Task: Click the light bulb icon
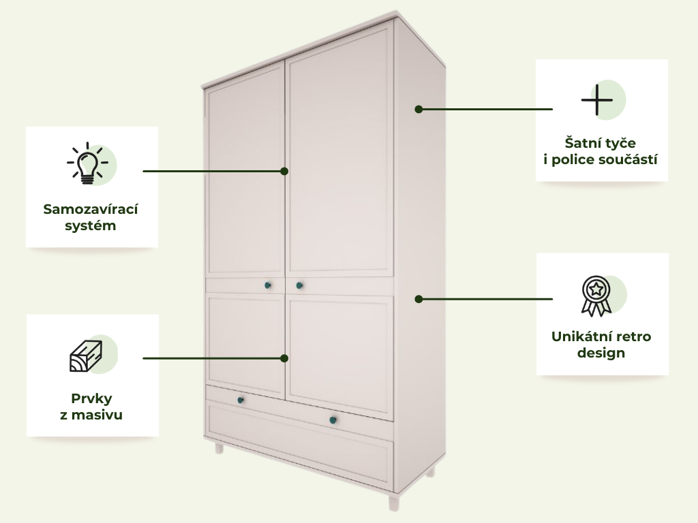coord(88,163)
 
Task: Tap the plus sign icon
coord(597,99)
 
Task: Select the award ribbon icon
coord(596,296)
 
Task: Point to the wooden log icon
coord(86,355)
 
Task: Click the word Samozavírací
coord(91,209)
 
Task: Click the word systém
coord(91,225)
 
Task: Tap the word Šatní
coord(581,143)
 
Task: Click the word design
coord(601,353)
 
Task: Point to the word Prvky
coord(91,398)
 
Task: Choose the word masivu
coord(97,415)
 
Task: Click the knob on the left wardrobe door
coord(268,285)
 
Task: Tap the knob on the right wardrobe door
coord(299,285)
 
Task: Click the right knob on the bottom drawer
coord(333,420)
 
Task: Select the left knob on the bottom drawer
coord(241,400)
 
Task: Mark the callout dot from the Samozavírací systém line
coord(284,171)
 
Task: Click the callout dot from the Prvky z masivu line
coord(284,358)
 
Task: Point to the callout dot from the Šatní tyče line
coord(419,109)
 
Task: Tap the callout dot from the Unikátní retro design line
coord(419,300)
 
